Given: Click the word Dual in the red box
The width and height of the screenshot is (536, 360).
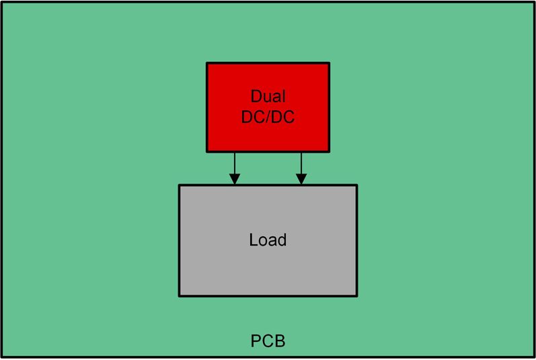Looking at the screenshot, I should (268, 96).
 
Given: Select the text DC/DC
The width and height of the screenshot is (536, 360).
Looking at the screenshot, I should (268, 117).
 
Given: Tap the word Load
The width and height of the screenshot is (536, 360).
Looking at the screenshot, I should (268, 240).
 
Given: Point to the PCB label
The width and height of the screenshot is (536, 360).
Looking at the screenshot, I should (268, 341).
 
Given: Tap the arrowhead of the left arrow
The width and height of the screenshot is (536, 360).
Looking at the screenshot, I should (234, 179).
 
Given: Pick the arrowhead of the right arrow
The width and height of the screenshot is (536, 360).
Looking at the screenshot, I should (301, 179).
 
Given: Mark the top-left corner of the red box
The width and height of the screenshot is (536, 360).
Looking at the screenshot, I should (207, 63).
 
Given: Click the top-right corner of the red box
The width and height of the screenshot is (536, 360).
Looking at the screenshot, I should (329, 63).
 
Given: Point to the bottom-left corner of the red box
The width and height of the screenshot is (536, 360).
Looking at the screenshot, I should (207, 151).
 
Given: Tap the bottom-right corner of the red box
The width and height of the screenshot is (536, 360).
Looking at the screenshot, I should (329, 151).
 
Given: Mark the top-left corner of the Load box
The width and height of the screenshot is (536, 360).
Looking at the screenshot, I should (180, 185).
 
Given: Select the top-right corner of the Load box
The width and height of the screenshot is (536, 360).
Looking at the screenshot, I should (356, 185).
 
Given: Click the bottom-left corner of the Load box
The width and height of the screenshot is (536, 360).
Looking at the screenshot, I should (180, 295).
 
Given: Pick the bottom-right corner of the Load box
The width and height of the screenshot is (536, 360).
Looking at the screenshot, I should (356, 295).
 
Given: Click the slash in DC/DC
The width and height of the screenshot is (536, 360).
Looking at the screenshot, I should (268, 117).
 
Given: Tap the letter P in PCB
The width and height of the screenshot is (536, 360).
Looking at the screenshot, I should (256, 341).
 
